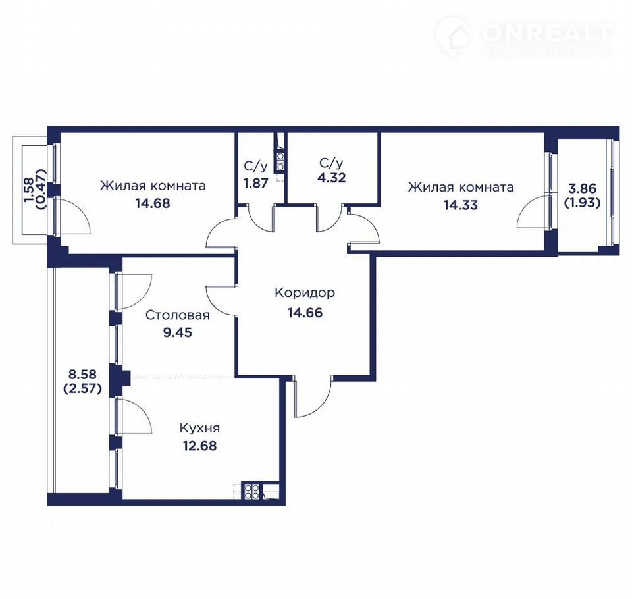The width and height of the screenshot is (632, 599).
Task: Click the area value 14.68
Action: point(153,203)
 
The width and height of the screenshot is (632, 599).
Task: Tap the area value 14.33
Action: point(461,205)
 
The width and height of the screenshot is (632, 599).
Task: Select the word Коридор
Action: point(305,293)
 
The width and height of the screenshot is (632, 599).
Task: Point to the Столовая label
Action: point(177,315)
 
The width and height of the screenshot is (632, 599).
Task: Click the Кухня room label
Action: point(200,428)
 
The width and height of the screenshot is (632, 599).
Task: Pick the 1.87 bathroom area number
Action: point(255,183)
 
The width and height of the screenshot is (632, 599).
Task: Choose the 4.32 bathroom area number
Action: point(331,178)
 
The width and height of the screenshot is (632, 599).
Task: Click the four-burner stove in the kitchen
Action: point(252,491)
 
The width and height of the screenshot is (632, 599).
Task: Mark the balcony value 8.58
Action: point(82,374)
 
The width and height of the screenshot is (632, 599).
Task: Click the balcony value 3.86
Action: point(582,188)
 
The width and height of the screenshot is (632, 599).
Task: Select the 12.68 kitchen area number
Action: point(200,446)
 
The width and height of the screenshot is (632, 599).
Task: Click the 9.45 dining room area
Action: point(177,332)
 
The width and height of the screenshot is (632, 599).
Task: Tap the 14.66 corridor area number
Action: point(305,313)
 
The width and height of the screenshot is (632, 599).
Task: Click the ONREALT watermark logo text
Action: point(546,33)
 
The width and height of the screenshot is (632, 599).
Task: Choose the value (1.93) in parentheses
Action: point(582,203)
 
